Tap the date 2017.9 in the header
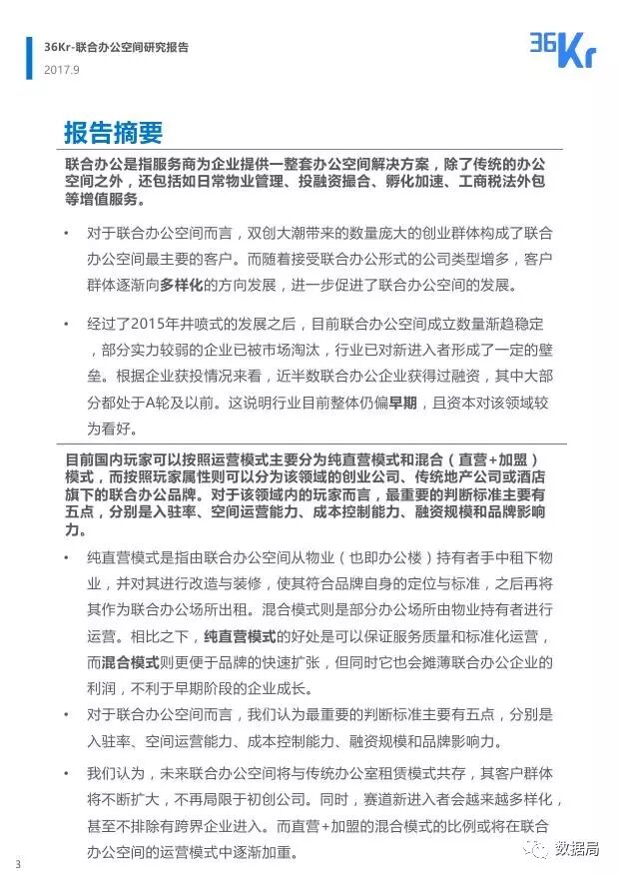coord(62,68)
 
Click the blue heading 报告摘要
coord(113,134)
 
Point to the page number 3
coord(17,862)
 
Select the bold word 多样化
coord(181,285)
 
